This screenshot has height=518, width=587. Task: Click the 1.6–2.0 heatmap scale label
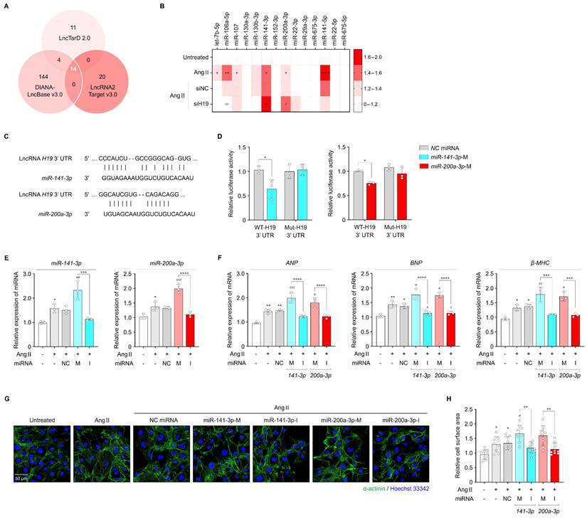pos(378,55)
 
